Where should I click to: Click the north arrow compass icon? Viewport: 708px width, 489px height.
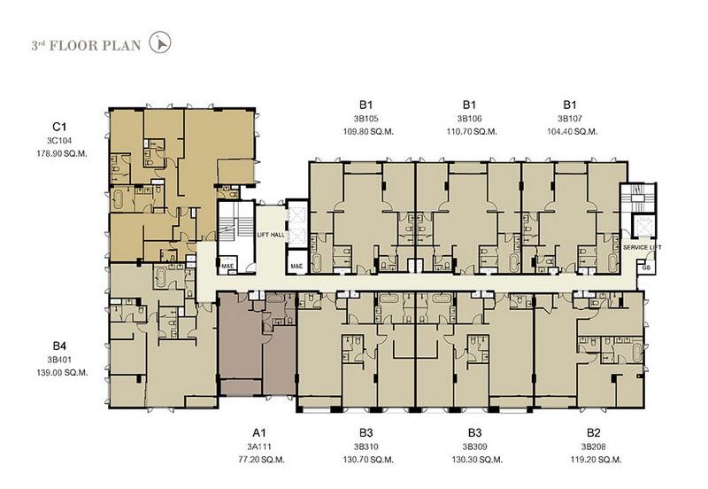click(x=160, y=43)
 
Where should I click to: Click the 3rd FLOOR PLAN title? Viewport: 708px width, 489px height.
click(x=86, y=45)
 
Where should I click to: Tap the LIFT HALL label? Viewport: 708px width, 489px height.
click(x=271, y=235)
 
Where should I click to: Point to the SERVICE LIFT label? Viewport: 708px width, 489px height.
click(x=643, y=247)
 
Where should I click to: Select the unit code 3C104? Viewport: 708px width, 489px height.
click(x=59, y=141)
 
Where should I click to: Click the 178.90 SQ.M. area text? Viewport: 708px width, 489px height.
click(x=62, y=153)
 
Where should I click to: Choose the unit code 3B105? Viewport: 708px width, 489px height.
click(x=366, y=119)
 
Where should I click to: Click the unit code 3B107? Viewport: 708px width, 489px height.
click(x=570, y=119)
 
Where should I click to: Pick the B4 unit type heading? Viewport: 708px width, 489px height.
click(x=59, y=345)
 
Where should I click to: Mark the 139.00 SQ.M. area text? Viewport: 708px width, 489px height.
click(x=62, y=373)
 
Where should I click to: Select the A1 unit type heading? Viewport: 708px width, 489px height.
click(x=259, y=433)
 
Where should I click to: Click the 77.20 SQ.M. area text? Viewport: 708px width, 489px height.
click(x=261, y=460)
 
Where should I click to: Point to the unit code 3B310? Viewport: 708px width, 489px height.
click(x=366, y=446)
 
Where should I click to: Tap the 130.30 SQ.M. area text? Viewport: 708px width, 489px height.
click(x=477, y=460)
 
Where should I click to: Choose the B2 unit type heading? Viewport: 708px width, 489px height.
click(x=593, y=433)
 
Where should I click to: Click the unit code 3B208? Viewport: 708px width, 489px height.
click(x=593, y=446)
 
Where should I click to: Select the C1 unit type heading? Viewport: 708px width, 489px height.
click(x=59, y=127)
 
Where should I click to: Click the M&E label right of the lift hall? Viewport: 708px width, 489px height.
click(x=296, y=266)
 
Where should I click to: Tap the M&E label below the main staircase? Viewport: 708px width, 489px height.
click(x=227, y=266)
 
